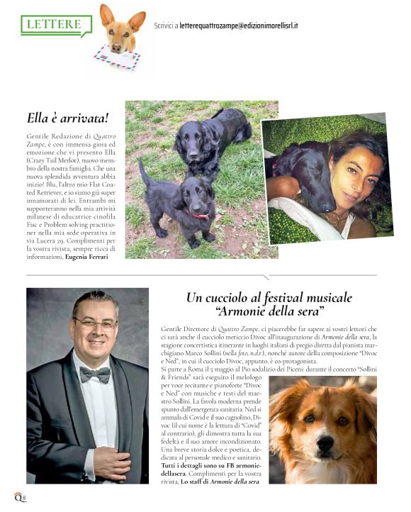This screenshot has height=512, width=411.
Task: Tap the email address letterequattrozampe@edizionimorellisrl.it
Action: point(238,26)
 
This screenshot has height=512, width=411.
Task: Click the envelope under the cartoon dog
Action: point(116,56)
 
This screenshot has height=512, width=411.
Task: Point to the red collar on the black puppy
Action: point(198,213)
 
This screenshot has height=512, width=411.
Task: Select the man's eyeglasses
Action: point(95,323)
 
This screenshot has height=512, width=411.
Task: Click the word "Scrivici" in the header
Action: point(165,26)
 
